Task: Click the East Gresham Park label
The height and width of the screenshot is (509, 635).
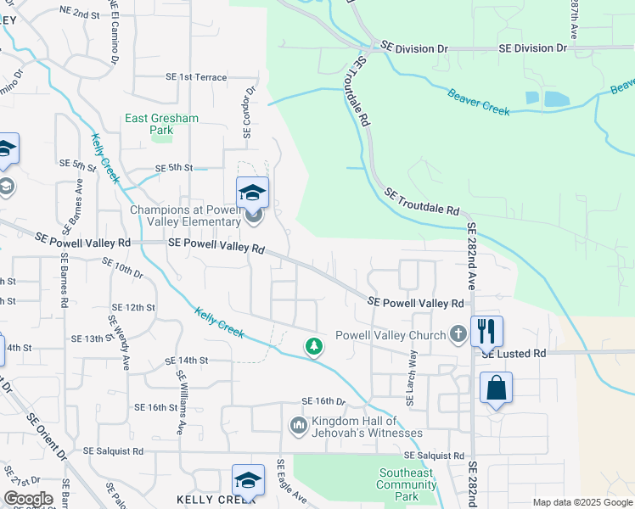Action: tap(161, 125)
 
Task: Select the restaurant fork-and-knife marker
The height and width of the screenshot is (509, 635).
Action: tap(486, 330)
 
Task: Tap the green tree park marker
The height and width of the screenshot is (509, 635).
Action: tap(314, 346)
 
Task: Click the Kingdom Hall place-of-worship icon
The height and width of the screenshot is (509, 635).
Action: tap(298, 424)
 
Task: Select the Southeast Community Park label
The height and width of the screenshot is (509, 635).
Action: tap(406, 484)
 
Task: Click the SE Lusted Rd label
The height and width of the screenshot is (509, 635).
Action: tap(513, 354)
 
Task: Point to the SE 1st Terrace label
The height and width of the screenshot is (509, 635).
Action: tap(197, 77)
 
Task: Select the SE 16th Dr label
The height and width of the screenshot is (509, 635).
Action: tap(324, 401)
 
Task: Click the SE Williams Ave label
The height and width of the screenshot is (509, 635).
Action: tap(181, 402)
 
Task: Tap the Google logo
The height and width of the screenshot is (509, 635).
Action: tap(28, 499)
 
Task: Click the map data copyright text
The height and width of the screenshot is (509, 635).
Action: tap(582, 502)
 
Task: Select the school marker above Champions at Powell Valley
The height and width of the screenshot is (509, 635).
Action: tap(252, 193)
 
